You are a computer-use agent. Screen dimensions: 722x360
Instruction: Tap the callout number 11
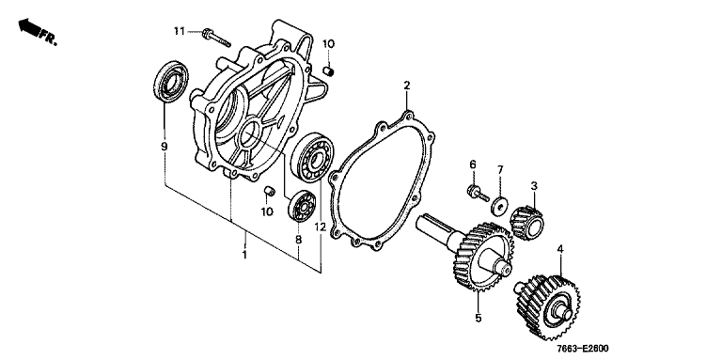pyautogui.click(x=179, y=31)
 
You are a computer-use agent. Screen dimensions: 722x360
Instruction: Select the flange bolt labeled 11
pyautogui.click(x=215, y=39)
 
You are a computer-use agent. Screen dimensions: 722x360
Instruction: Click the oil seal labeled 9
pyautogui.click(x=171, y=81)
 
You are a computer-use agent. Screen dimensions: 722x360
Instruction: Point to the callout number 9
pyautogui.click(x=164, y=147)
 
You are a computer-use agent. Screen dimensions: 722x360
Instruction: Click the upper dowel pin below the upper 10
pyautogui.click(x=329, y=71)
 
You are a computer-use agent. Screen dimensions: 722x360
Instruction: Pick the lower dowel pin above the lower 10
pyautogui.click(x=270, y=191)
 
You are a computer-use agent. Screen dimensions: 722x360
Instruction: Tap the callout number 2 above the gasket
pyautogui.click(x=406, y=86)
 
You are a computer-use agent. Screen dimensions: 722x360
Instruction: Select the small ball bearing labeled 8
pyautogui.click(x=302, y=206)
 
